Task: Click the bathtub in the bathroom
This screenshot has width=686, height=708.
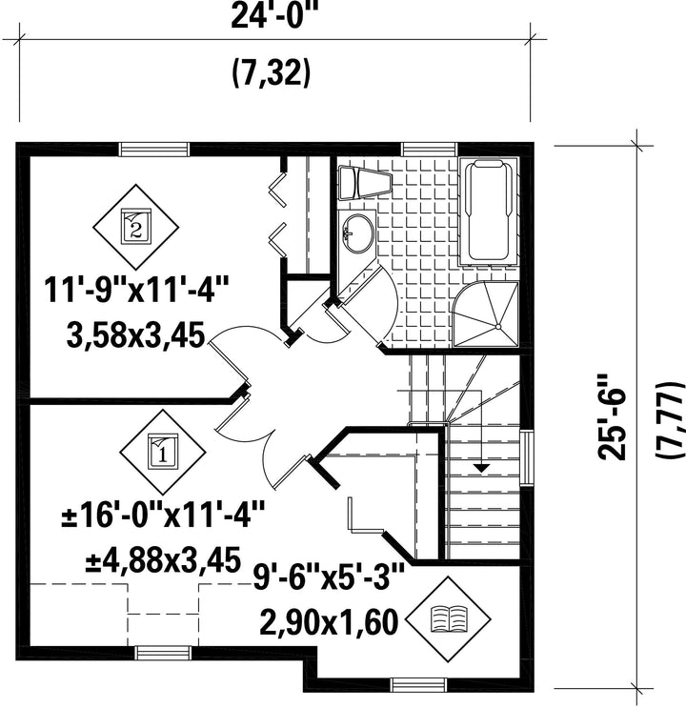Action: coord(488,211)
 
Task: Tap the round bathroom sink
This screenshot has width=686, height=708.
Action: coord(358,233)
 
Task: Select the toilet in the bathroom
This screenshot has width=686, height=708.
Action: coord(364,182)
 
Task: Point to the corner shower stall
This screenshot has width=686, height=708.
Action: coord(486,314)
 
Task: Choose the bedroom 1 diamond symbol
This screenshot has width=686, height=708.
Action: coord(163,452)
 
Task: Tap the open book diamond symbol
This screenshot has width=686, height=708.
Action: coord(449,619)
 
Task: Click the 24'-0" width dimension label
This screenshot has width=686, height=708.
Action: coord(275,16)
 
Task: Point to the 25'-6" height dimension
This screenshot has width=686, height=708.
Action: coord(612,416)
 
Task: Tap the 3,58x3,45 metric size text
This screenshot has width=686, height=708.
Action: coord(136,335)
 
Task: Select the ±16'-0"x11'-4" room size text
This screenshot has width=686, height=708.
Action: coord(163,516)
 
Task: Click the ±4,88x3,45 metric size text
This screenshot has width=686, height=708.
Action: coord(163,560)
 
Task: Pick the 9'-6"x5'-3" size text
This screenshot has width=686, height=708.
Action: coord(329,577)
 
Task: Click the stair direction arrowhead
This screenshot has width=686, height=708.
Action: coord(482,468)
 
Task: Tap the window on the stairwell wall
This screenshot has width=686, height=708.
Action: coord(527,458)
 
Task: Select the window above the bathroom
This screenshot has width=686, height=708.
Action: coord(430,149)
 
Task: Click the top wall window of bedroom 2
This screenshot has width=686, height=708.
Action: coord(153,149)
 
